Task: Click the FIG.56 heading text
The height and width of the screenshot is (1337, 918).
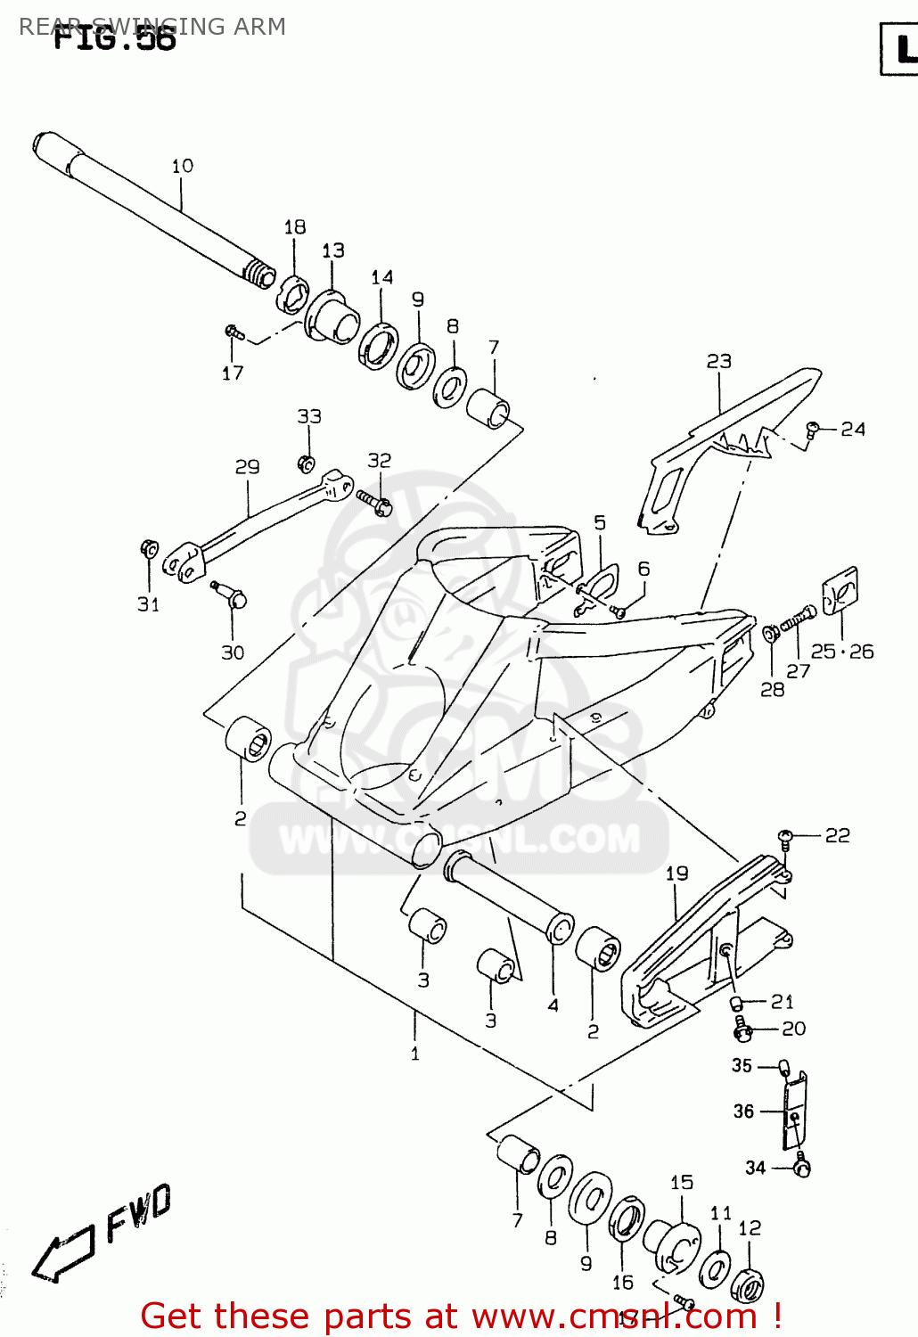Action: pyautogui.click(x=114, y=39)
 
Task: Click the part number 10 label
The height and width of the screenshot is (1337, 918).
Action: pyautogui.click(x=182, y=166)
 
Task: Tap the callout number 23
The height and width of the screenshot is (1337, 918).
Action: pyautogui.click(x=718, y=361)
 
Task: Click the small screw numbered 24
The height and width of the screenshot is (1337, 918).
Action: pyautogui.click(x=813, y=430)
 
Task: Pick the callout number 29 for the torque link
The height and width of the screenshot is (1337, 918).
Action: pyautogui.click(x=247, y=466)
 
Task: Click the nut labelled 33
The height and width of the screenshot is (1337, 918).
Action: pyautogui.click(x=306, y=463)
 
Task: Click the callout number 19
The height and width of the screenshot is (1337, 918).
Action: pyautogui.click(x=676, y=874)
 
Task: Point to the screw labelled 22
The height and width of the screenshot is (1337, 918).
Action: pyautogui.click(x=785, y=836)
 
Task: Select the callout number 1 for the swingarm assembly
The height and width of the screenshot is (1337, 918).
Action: pyautogui.click(x=414, y=1054)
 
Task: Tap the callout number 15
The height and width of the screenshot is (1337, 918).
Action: pyautogui.click(x=681, y=1182)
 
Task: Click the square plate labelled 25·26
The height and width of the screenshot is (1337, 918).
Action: pyautogui.click(x=840, y=591)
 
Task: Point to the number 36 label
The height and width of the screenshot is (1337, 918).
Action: pyautogui.click(x=743, y=1111)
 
